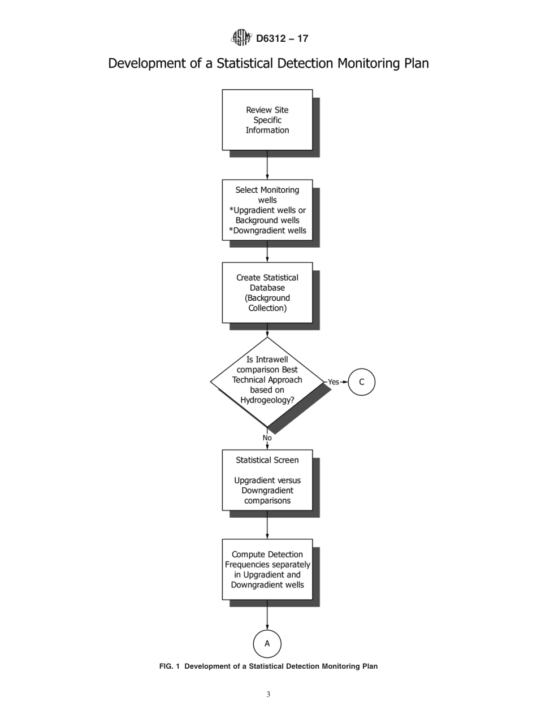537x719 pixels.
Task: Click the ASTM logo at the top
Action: (241, 38)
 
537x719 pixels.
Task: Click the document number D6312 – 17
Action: (282, 38)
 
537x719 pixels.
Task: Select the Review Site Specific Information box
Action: (267, 120)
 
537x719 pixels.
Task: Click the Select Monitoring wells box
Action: (267, 210)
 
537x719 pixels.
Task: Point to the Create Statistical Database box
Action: (267, 293)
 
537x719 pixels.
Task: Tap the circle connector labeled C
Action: (362, 382)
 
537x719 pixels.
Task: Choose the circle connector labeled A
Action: (267, 644)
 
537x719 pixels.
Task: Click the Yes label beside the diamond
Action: (334, 382)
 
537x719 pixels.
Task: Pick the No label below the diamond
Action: (267, 438)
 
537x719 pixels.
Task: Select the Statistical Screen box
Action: (267, 480)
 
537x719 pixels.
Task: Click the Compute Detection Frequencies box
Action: (267, 570)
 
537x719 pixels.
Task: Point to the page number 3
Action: (268, 695)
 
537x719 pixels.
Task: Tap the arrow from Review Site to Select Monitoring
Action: (267, 165)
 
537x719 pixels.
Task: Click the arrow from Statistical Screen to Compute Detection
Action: (267, 525)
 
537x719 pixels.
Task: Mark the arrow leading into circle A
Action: (267, 615)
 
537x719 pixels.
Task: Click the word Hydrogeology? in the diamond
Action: (267, 400)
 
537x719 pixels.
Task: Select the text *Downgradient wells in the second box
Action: (267, 231)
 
